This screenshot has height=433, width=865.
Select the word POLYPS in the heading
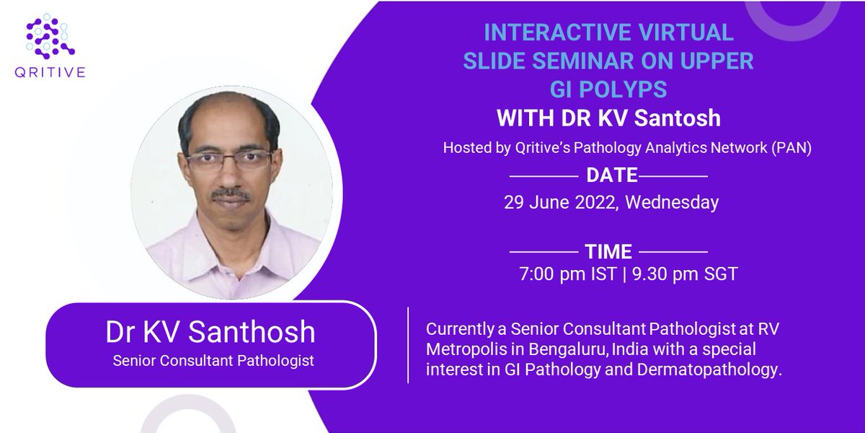click(634, 89)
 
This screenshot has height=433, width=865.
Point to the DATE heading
click(611, 175)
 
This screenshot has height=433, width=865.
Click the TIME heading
click(608, 252)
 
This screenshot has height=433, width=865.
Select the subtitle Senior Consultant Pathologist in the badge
click(213, 361)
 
